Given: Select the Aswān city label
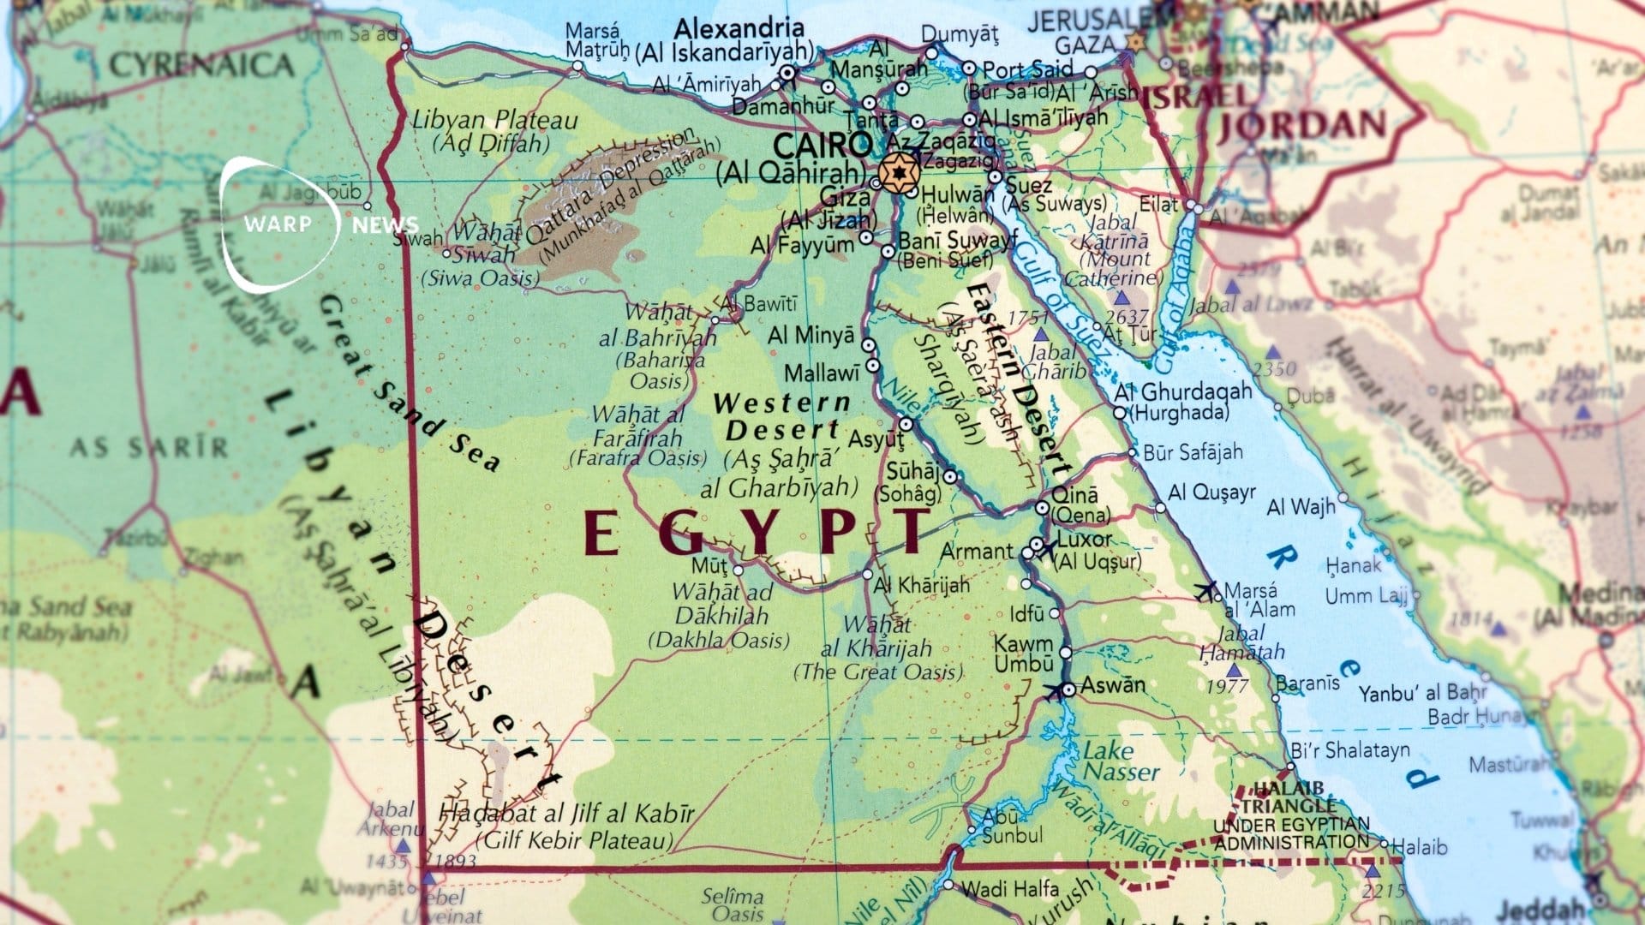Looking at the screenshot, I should point(1113,685).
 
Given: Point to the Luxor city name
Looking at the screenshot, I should point(1085,540).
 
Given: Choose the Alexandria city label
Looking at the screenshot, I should point(739,28).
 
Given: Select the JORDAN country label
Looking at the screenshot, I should point(1301,126).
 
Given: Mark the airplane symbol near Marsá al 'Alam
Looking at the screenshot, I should point(1205,589).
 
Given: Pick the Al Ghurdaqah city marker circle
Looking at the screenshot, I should point(1120,413).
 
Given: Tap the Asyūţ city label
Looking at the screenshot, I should point(876,439).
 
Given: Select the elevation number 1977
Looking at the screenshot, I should point(1227,686).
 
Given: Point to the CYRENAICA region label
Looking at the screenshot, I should point(201,65).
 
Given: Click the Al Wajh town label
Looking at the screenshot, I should point(1301,507).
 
